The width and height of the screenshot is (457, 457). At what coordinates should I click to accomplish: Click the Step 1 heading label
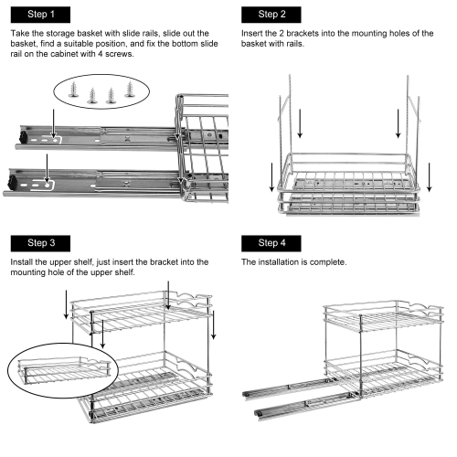39,16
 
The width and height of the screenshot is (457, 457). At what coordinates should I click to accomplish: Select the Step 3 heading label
39,243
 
